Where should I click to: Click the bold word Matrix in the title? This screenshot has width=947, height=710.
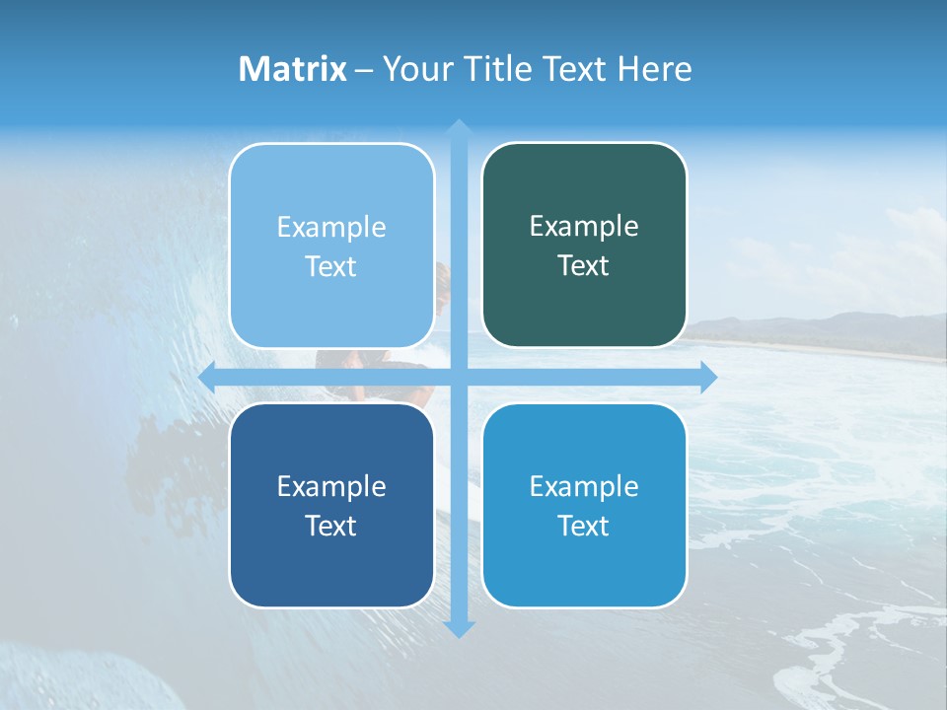(x=293, y=69)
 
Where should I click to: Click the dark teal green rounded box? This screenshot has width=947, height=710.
(x=584, y=306)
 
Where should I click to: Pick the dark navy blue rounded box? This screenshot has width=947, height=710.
(x=331, y=562)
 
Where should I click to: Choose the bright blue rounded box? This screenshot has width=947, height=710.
(x=584, y=562)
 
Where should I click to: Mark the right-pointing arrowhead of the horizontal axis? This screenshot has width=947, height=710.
(x=708, y=378)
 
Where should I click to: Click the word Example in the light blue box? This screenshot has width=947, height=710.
(x=331, y=227)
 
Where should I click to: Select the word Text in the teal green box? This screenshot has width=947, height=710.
(x=584, y=266)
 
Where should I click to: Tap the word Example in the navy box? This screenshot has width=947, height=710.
(x=331, y=486)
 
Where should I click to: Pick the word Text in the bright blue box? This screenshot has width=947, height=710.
(x=584, y=526)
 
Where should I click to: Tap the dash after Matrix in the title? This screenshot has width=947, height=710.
(x=364, y=70)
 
